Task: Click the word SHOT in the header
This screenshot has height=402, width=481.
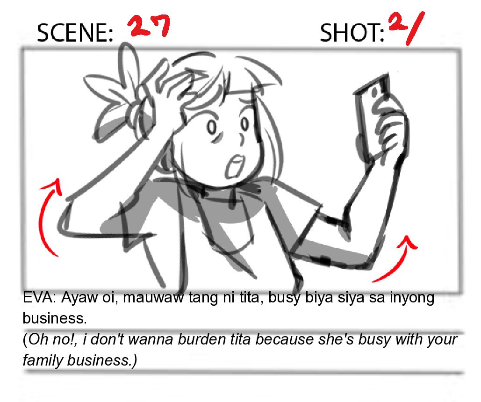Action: (x=352, y=33)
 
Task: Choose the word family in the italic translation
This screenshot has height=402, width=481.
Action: (x=43, y=360)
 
